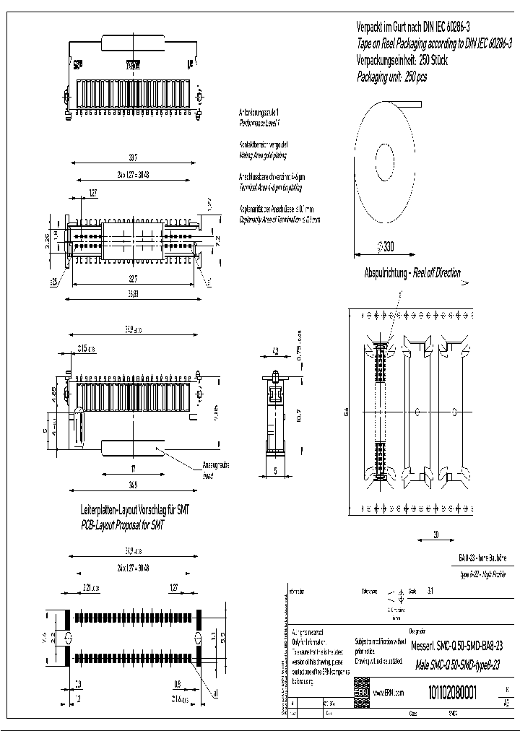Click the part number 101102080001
coord(453,693)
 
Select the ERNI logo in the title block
coord(361,693)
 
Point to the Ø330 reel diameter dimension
coord(385,247)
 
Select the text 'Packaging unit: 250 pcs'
coord(391,77)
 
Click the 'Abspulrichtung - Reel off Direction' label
coord(412,274)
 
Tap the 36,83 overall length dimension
coord(132,293)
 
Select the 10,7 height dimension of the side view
coord(299,418)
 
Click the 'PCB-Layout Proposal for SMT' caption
coord(122,526)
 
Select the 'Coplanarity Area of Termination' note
coord(279,219)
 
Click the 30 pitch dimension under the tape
coord(436,535)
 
